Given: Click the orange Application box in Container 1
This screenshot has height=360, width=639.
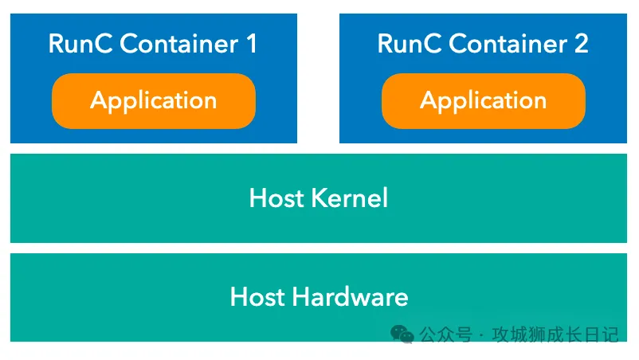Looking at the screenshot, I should pyautogui.click(x=154, y=100).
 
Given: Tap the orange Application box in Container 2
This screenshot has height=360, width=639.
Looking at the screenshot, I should pyautogui.click(x=484, y=100).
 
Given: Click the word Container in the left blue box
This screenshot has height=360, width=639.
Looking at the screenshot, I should pyautogui.click(x=175, y=44).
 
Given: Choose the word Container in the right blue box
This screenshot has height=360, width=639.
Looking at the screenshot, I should pyautogui.click(x=504, y=44).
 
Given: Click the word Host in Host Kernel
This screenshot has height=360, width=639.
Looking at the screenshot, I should pyautogui.click(x=276, y=198).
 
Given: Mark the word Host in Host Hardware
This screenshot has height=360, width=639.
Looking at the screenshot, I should pyautogui.click(x=257, y=297).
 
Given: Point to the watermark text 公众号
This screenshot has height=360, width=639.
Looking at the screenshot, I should pyautogui.click(x=446, y=335).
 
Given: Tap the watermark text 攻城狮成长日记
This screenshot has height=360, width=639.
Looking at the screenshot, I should pyautogui.click(x=555, y=335).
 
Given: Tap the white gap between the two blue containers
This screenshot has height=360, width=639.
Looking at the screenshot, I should pyautogui.click(x=318, y=78).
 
